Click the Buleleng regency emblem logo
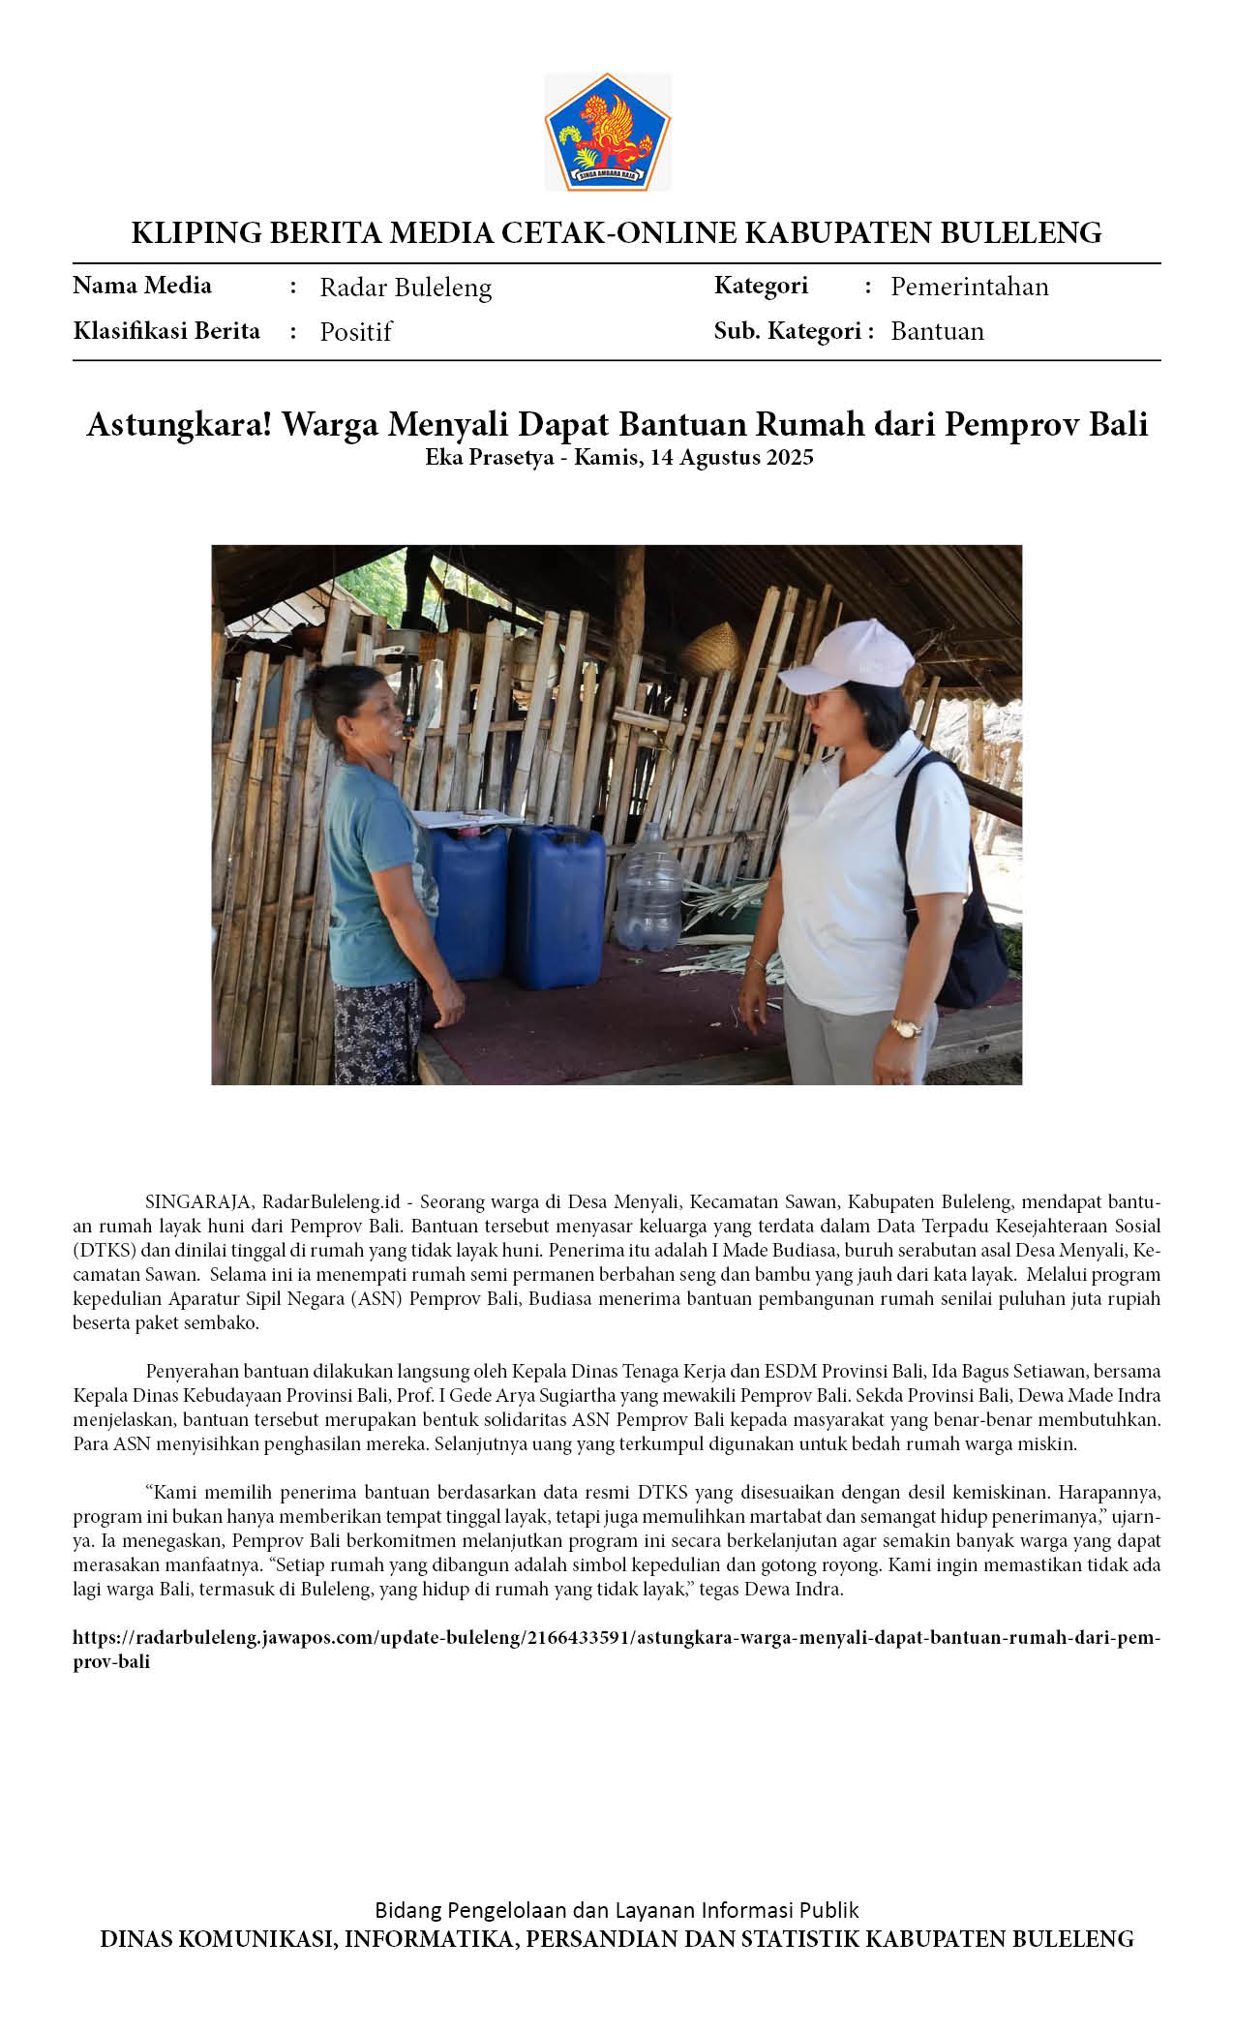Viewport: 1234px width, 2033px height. (x=607, y=132)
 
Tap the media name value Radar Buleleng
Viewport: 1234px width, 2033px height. (x=406, y=288)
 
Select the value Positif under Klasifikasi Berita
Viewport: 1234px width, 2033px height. (x=355, y=332)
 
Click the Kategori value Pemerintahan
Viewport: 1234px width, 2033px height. (x=969, y=287)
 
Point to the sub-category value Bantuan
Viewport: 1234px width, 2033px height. (x=937, y=331)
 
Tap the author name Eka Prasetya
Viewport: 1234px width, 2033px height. (x=489, y=458)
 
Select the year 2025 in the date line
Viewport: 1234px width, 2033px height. (x=790, y=458)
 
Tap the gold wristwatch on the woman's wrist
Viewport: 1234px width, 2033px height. (x=905, y=1028)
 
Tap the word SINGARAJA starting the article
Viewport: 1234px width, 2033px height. (x=199, y=1202)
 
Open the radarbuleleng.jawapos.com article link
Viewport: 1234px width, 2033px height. (x=616, y=1638)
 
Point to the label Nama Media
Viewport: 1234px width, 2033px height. (x=142, y=286)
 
